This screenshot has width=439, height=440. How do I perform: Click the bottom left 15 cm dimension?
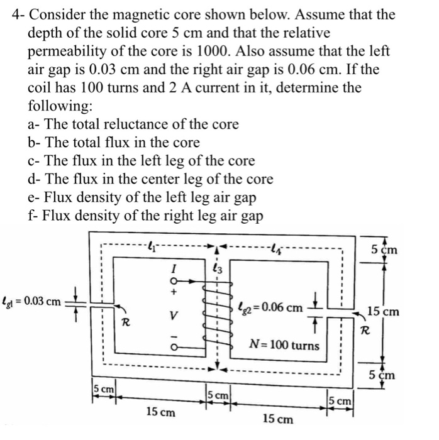pos(160,413)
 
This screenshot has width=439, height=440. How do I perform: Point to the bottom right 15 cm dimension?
pos(277,419)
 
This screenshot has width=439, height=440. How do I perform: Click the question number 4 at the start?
pos(15,14)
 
